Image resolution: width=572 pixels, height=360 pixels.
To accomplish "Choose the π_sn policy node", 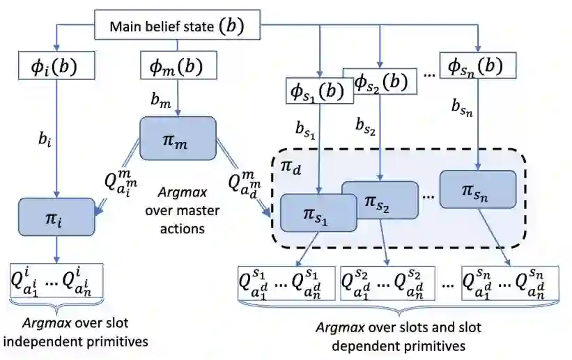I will (478, 188).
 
